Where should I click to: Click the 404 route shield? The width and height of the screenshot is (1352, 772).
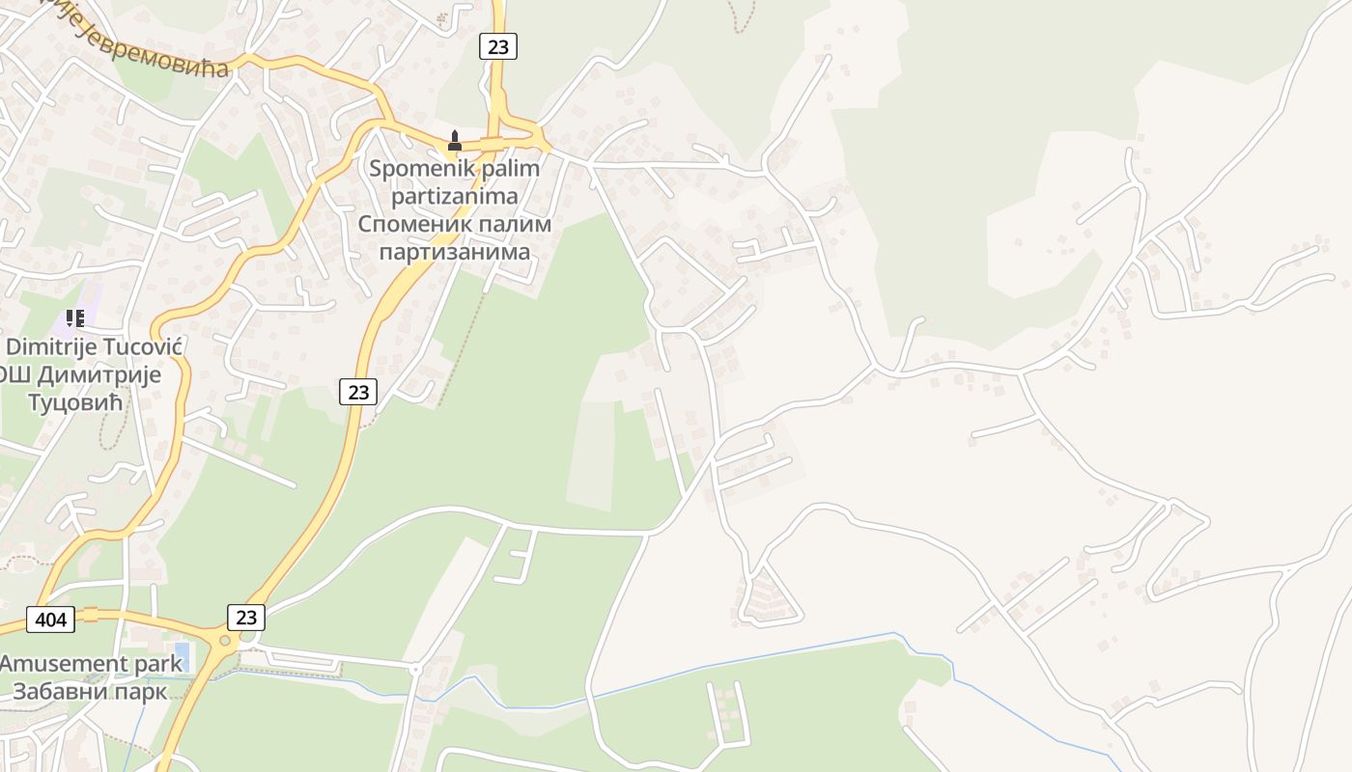tap(50, 619)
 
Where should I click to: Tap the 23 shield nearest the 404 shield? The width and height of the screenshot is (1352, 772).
tap(246, 617)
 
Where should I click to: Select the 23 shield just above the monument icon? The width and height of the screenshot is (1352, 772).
tap(498, 45)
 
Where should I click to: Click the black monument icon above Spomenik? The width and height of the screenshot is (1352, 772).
tap(454, 142)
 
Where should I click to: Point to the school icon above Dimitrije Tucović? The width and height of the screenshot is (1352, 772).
tap(74, 317)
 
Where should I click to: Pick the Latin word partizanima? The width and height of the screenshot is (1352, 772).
tap(454, 197)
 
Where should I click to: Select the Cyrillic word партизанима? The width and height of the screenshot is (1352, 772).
tap(454, 253)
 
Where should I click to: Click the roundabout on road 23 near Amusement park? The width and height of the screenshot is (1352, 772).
tap(225, 640)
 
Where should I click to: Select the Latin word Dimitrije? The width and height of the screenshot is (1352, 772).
tap(52, 346)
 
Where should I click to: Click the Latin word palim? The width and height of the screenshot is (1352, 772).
tap(508, 169)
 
